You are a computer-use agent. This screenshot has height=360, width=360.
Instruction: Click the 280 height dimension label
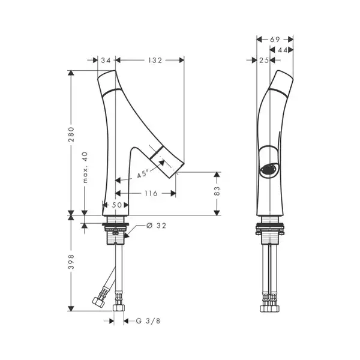71,134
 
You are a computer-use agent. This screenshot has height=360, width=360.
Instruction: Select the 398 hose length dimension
71,262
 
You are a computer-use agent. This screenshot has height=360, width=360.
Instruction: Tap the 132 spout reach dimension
155,60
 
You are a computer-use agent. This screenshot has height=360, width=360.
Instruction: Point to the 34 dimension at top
106,60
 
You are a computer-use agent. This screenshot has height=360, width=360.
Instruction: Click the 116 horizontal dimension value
151,193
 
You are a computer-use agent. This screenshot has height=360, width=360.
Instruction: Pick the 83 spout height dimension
217,191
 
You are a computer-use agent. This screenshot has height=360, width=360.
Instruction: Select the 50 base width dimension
117,205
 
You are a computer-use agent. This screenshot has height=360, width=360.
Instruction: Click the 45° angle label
142,173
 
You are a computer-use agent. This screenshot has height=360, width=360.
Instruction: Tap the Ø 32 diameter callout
156,226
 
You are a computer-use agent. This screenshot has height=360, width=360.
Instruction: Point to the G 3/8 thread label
148,321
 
